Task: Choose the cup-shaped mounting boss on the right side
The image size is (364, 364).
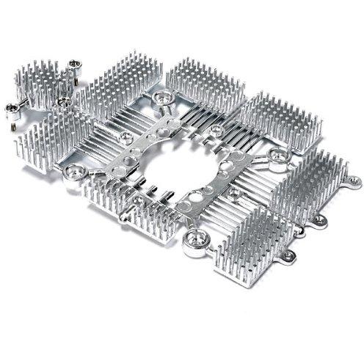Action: tap(278, 156)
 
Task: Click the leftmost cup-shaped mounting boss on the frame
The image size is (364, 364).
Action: tap(73, 173)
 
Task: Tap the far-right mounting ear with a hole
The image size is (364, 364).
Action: tap(354, 179)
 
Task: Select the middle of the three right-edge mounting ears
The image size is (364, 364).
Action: tap(320, 219)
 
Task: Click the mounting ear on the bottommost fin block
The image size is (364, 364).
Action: tap(289, 256)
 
